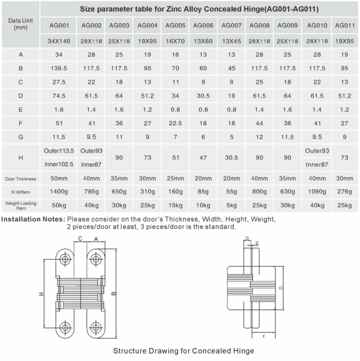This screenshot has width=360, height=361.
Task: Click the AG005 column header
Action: point(176,26)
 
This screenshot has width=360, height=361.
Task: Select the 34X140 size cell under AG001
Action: point(59,41)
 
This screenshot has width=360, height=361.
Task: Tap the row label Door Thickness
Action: point(20,179)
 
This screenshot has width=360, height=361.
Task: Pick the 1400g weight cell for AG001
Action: point(59,191)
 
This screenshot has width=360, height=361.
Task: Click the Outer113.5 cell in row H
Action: point(59,151)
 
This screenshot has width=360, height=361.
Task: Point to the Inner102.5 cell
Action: point(59,164)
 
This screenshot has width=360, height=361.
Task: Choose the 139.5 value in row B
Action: point(59,68)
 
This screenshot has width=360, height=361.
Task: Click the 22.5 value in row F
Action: point(176,124)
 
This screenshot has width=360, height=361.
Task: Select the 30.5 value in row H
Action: point(232,157)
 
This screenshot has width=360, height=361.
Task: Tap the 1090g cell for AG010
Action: point(317,191)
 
